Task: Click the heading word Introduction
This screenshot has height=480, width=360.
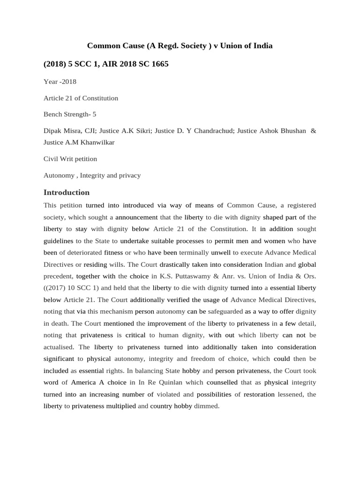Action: click(x=66, y=192)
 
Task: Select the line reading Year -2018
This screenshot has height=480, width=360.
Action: click(x=60, y=82)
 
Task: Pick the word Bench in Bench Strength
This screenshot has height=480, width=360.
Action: click(x=52, y=114)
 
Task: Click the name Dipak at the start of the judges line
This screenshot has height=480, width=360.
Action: click(x=52, y=130)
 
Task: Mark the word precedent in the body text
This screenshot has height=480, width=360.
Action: click(x=58, y=276)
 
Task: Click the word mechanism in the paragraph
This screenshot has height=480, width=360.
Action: click(x=117, y=311)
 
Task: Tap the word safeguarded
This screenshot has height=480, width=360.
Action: click(x=225, y=311)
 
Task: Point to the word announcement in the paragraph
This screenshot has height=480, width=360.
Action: click(x=136, y=217)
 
